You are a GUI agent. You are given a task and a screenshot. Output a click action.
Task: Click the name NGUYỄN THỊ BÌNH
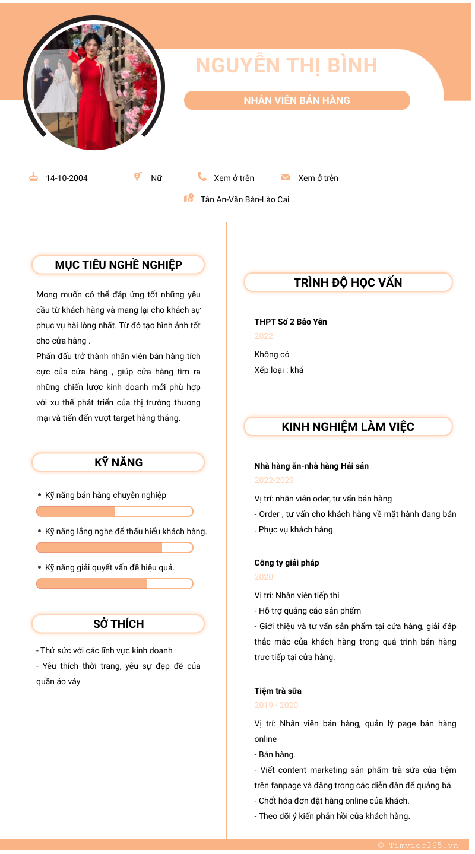tap(287, 65)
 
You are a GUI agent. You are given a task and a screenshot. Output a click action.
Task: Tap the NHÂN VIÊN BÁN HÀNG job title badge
tap(297, 100)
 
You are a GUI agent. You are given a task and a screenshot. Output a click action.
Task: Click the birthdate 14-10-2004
tap(66, 178)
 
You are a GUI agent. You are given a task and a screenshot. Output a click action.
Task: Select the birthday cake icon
tap(34, 177)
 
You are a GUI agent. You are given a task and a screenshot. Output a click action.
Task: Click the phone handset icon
tap(202, 177)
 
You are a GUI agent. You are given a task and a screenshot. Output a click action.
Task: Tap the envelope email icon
tap(286, 177)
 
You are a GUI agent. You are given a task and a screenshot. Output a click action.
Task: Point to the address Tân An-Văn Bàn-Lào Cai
tap(245, 199)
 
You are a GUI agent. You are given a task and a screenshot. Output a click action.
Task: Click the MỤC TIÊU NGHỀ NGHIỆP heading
tap(118, 265)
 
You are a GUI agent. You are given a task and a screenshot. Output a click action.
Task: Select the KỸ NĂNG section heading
tap(118, 462)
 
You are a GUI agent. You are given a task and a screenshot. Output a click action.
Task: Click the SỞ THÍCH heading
tap(118, 624)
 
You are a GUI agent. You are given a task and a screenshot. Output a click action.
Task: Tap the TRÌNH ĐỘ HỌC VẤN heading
tap(348, 282)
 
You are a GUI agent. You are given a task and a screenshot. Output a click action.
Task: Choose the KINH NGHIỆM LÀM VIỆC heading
tap(348, 427)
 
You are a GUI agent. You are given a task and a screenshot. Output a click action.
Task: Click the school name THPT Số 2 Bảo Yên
tap(290, 322)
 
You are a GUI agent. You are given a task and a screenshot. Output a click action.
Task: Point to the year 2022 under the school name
tap(264, 336)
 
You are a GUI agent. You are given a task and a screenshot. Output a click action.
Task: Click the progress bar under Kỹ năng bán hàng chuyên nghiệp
tap(115, 512)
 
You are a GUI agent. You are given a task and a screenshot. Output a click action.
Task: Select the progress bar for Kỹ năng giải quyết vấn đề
tap(115, 584)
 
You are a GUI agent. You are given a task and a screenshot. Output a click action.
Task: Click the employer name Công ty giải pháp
tap(287, 563)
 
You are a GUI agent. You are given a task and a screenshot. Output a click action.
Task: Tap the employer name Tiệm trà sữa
tap(278, 691)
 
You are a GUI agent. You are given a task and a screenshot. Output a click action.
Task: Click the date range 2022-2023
tap(274, 480)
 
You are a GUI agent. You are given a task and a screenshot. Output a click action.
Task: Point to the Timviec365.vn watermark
tap(418, 845)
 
